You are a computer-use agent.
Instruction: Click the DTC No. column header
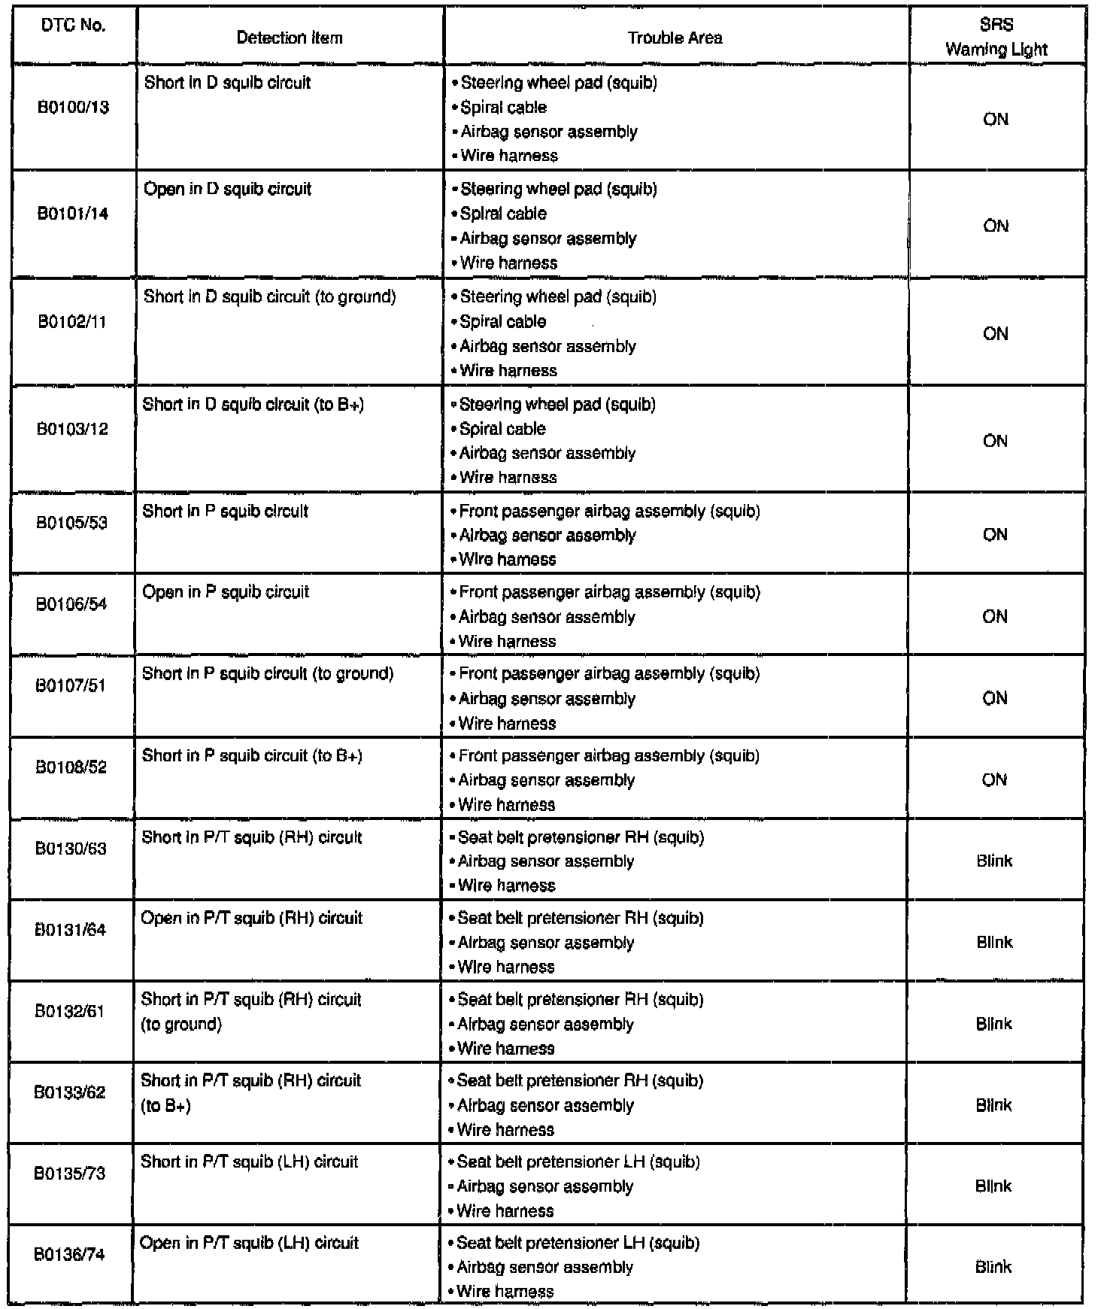coord(72,26)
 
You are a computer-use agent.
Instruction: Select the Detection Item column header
coord(290,38)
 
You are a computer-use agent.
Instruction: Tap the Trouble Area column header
coord(675,38)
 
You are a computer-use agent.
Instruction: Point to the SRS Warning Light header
coord(996,38)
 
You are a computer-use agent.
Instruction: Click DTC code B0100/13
coord(73,108)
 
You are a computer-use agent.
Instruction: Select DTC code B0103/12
coord(72,430)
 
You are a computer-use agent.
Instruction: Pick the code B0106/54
coord(71,604)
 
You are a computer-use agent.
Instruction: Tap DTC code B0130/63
coord(71,849)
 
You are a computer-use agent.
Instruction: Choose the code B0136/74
coord(69,1255)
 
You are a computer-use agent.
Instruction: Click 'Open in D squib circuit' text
coord(227,190)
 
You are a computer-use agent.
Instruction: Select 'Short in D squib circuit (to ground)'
coord(269,297)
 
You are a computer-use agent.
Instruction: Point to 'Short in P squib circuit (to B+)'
coord(252,756)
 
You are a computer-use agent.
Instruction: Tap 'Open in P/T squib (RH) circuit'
coord(251,919)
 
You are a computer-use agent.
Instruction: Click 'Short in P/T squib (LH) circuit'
coord(250,1162)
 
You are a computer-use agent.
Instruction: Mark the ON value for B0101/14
coord(996,226)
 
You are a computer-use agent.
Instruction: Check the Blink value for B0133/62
coord(993,1106)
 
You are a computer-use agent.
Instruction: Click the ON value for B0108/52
coord(994,780)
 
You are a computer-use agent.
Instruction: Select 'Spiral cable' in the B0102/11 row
coord(502,322)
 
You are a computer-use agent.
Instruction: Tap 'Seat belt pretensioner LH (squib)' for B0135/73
coord(578,1162)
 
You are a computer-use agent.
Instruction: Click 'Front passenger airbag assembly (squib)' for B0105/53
coord(609,512)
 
